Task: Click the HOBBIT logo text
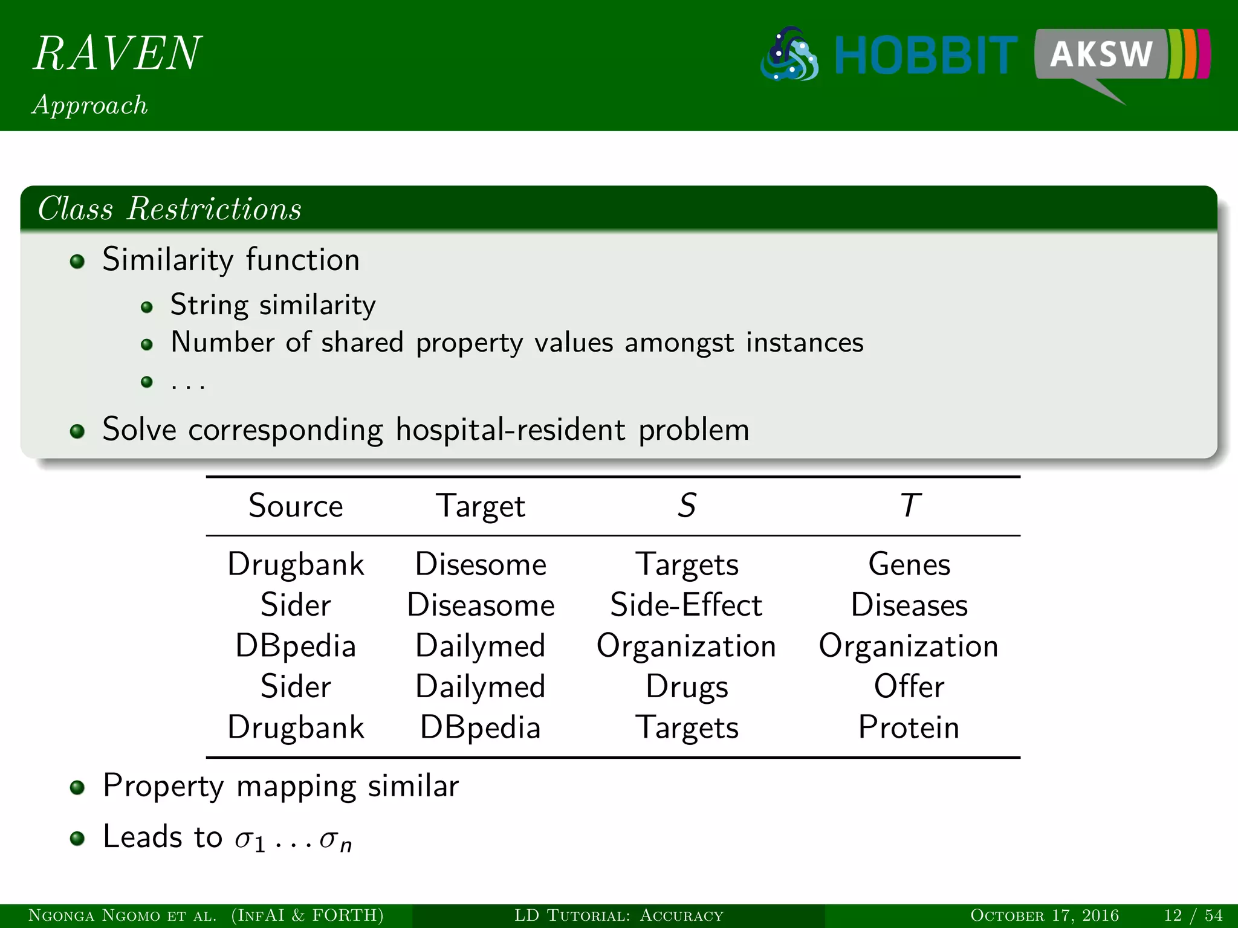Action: [x=925, y=56]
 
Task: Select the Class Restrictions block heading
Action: [x=169, y=209]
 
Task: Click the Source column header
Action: [x=296, y=506]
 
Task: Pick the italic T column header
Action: [x=910, y=506]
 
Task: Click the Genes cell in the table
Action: [x=909, y=564]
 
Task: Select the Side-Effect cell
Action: [x=686, y=605]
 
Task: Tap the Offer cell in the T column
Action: [x=909, y=686]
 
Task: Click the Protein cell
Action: [x=909, y=727]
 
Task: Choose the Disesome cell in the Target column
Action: [x=481, y=564]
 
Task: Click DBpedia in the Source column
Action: [x=296, y=646]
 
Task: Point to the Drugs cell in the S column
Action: [x=687, y=687]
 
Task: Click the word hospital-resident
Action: [x=511, y=430]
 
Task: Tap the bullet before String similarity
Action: [x=146, y=308]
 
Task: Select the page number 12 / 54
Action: [x=1193, y=915]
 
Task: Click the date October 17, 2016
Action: [x=1044, y=915]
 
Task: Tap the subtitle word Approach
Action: [x=89, y=105]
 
